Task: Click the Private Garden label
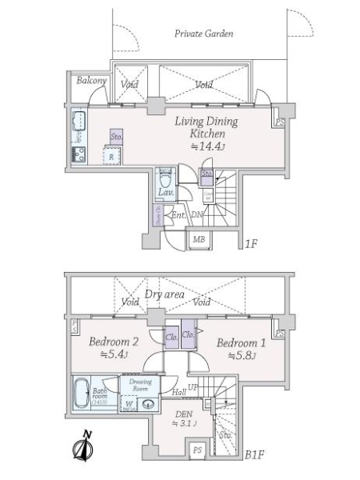(204, 34)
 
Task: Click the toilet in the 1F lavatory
(166, 177)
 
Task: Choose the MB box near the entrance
(197, 238)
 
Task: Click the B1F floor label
(254, 454)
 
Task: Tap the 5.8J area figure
(240, 355)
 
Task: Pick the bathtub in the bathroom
(81, 394)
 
